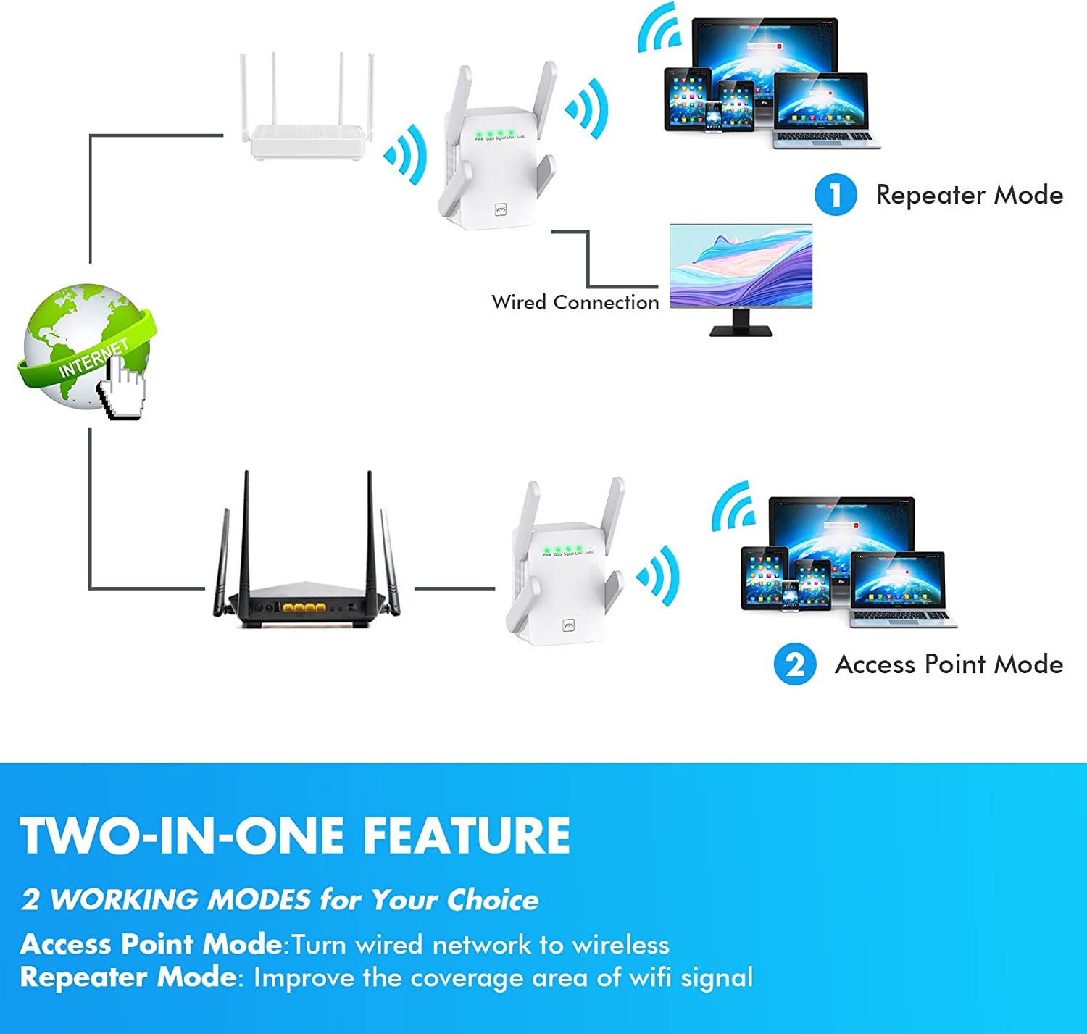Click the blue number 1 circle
(x=836, y=195)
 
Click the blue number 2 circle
(x=795, y=664)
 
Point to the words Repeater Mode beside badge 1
(x=969, y=195)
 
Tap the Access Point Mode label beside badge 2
(x=949, y=664)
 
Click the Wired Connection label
(x=575, y=302)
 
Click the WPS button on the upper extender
(x=501, y=209)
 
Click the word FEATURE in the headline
(x=466, y=835)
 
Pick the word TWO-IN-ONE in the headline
(x=182, y=835)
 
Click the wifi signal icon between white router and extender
(x=405, y=154)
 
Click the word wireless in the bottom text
(x=620, y=945)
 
